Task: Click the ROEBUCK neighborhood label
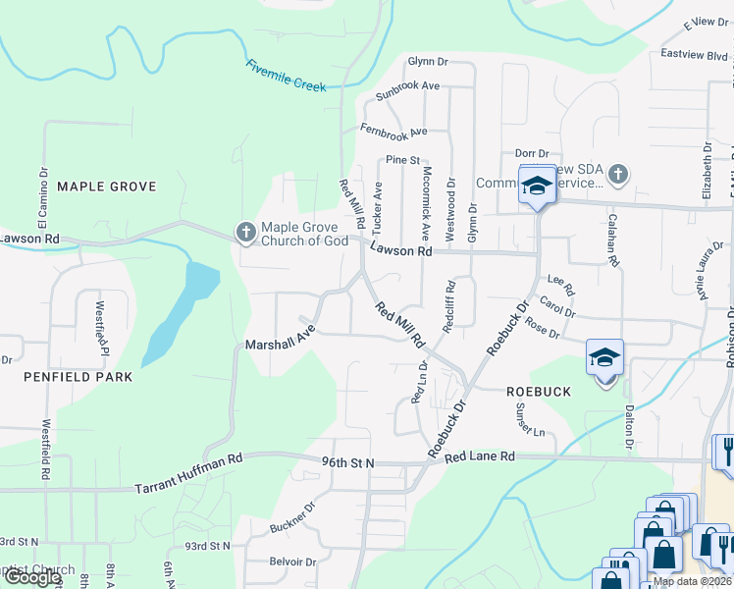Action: (x=539, y=391)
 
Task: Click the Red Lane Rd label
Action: (x=479, y=456)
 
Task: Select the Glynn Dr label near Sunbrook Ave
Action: (x=428, y=61)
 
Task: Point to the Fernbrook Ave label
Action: (x=393, y=130)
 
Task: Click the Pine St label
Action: (x=402, y=159)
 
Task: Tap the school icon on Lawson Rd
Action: (x=537, y=187)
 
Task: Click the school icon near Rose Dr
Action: (x=605, y=356)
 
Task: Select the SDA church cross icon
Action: (x=616, y=175)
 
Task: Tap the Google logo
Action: (x=31, y=577)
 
